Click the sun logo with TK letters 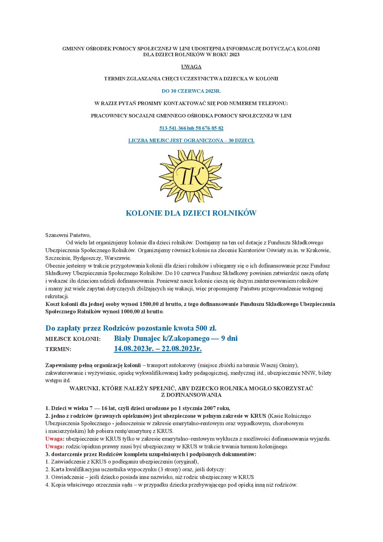pos(191,176)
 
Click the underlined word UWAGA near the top pos(191,66)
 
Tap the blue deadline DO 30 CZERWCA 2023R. pos(191,91)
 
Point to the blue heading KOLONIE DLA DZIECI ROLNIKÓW pos(191,213)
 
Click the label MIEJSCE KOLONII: pos(73,339)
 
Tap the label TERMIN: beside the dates pos(58,349)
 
